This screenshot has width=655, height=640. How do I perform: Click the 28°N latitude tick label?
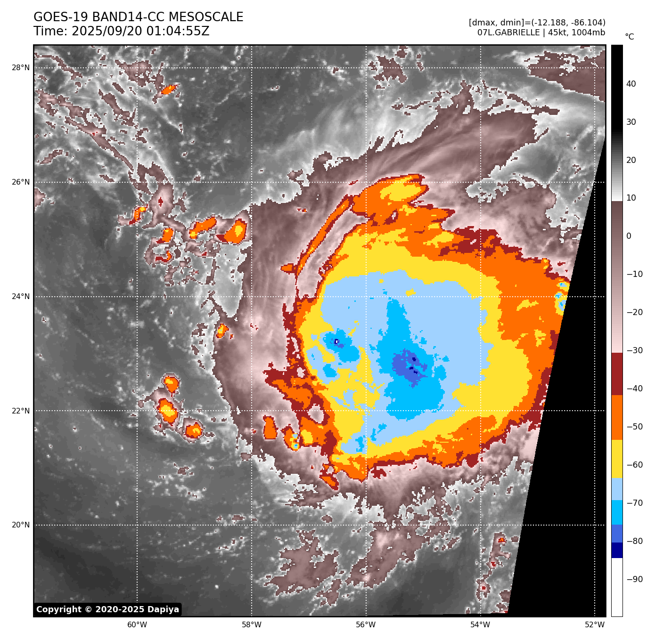pos(21,68)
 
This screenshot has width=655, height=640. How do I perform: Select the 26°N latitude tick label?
pos(21,182)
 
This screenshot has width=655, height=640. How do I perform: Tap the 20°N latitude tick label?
pos(21,525)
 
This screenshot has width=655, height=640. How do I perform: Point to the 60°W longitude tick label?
pos(137,625)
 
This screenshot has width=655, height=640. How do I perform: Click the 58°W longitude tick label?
pos(252,625)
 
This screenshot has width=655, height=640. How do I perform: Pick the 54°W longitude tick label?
pos(480,625)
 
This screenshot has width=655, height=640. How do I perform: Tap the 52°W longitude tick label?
pos(595,625)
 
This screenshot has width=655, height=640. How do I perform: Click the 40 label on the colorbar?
pos(630,84)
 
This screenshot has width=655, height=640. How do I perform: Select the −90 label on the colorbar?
pos(634,579)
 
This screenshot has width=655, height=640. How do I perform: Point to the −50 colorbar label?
pos(634,427)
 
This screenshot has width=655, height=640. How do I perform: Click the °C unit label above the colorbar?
pos(629,37)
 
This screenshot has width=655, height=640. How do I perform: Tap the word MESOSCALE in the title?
pos(206,17)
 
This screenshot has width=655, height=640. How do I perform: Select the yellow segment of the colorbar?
pos(617,459)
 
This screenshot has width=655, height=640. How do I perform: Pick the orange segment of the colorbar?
pos(617,418)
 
